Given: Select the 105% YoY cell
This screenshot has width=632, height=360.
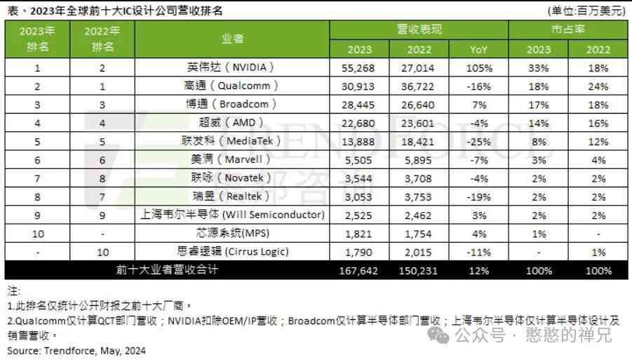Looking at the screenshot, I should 479,68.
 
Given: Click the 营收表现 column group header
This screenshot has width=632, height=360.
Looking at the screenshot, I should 419,30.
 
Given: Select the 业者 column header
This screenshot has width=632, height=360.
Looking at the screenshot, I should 233,39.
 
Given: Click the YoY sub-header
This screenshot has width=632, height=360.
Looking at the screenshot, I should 479,50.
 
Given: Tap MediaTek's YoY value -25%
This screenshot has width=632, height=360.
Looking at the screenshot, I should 479,141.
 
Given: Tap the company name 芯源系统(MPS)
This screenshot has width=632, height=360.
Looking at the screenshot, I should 234,233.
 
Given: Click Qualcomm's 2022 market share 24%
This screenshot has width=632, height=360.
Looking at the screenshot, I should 598,86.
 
